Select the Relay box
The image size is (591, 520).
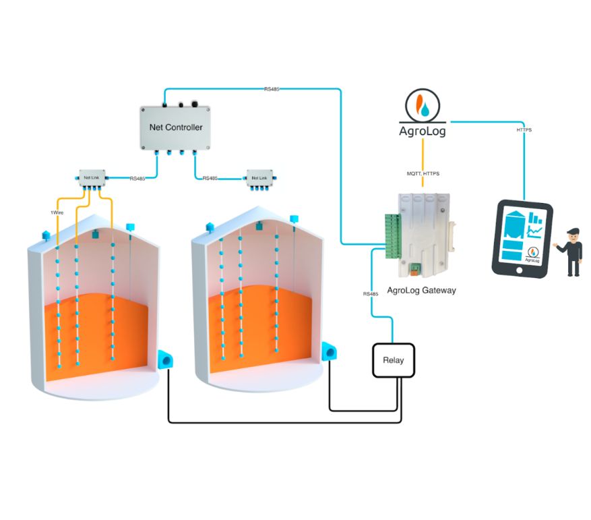tap(393, 360)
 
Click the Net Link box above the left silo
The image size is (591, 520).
tap(90, 178)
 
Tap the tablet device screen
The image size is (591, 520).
tap(522, 236)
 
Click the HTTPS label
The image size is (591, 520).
tap(523, 129)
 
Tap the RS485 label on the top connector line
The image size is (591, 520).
tap(272, 88)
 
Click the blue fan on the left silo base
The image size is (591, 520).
tap(165, 359)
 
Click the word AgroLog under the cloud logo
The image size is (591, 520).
tap(422, 129)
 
